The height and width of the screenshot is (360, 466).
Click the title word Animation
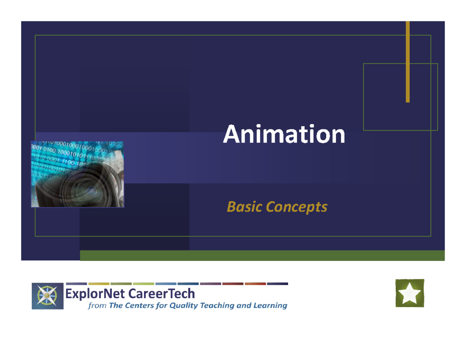click(284, 135)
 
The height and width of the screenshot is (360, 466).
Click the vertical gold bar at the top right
click(408, 62)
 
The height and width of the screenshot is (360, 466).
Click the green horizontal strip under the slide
click(262, 256)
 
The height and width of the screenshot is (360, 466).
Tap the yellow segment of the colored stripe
click(99, 284)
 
